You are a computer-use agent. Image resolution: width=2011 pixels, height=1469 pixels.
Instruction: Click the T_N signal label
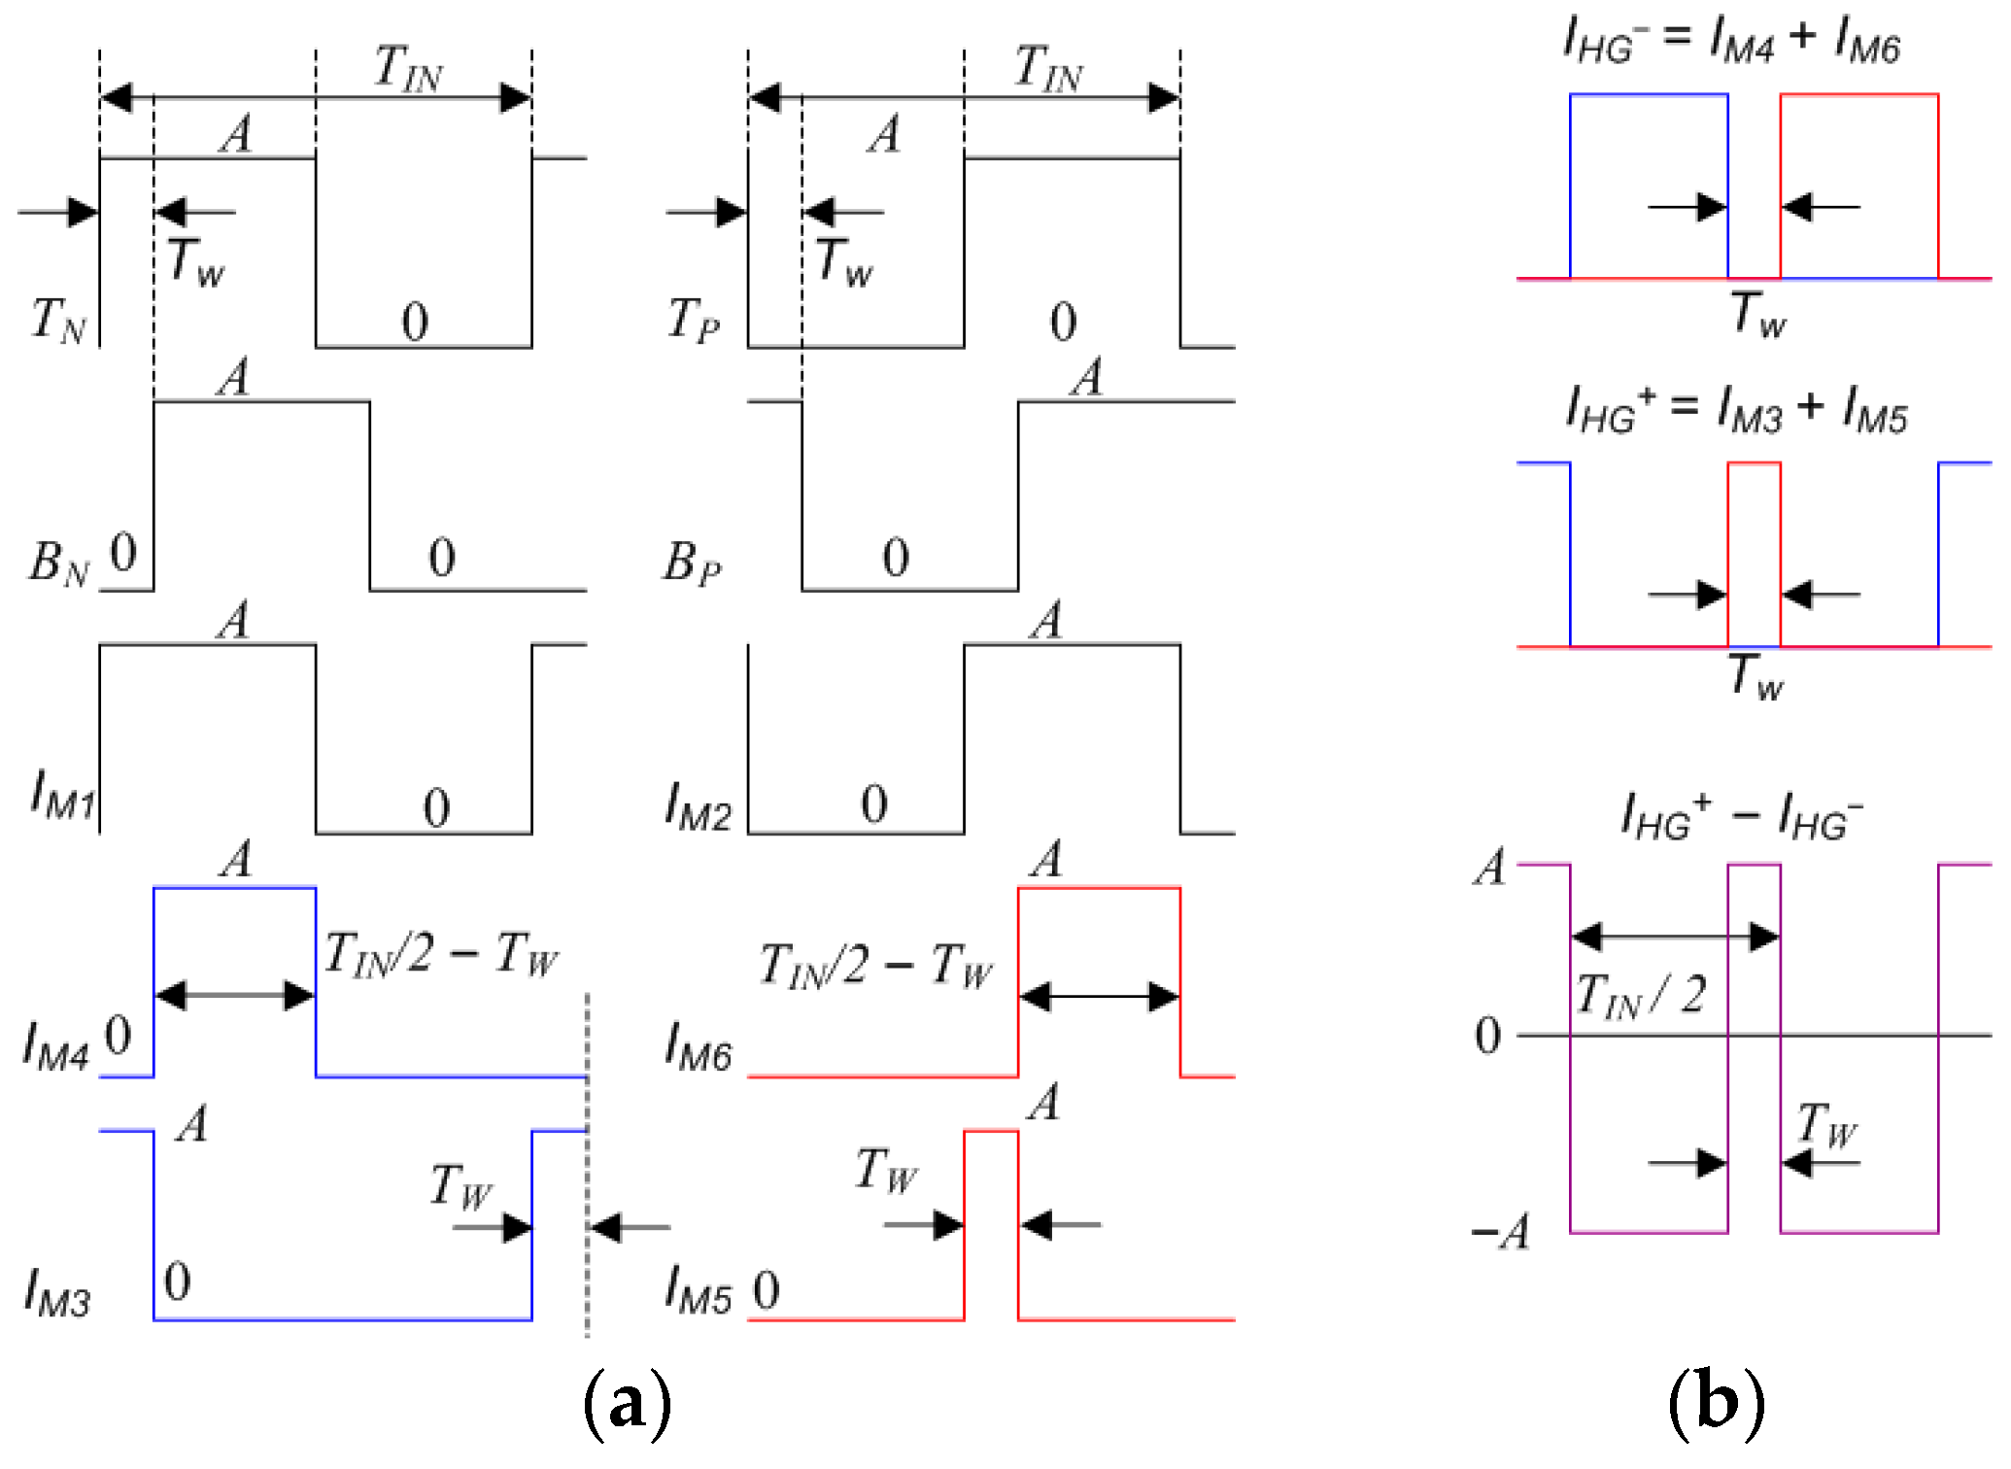click(x=58, y=320)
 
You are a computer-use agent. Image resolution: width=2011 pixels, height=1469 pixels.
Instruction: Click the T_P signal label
click(x=694, y=320)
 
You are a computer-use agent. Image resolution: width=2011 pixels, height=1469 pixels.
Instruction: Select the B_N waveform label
click(x=58, y=563)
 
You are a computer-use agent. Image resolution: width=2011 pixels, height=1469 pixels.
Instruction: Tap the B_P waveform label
click(x=692, y=563)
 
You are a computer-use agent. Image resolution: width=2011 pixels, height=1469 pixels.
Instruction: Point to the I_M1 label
click(x=62, y=794)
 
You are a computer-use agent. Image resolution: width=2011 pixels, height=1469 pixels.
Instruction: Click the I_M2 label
click(x=698, y=806)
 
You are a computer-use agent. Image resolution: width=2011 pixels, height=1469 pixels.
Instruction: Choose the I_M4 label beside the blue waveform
click(x=56, y=1047)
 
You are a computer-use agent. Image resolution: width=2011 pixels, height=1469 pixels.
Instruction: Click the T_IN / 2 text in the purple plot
click(x=1640, y=996)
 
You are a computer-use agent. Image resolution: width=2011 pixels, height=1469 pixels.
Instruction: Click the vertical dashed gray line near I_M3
click(x=587, y=1166)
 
